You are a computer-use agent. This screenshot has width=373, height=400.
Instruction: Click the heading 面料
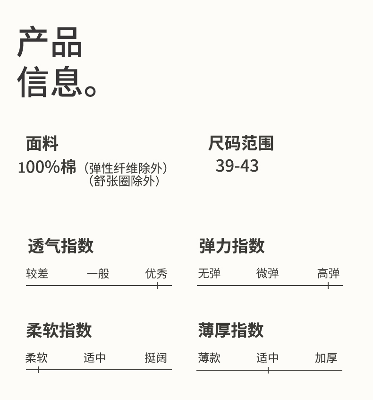tap(42, 143)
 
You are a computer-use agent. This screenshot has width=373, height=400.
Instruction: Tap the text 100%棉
tap(47, 167)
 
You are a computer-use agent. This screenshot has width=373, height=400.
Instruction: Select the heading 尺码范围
tap(241, 143)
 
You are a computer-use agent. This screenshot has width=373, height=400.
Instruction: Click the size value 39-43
tap(237, 166)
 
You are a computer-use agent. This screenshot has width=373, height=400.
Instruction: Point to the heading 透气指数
tap(60, 246)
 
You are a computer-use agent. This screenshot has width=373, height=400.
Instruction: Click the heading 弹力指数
tap(231, 246)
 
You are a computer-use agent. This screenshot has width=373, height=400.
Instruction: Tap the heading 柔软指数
tap(59, 330)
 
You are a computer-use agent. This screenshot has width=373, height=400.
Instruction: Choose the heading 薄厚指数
tap(231, 330)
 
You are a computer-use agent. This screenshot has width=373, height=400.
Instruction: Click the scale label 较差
tap(37, 273)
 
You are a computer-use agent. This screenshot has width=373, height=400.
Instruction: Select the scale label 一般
tap(98, 273)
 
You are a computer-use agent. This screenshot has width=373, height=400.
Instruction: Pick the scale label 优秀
tap(156, 273)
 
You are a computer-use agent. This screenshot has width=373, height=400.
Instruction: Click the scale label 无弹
tap(209, 273)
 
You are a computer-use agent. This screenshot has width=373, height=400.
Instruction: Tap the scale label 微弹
tap(267, 273)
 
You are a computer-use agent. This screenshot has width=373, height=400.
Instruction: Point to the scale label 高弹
tap(328, 273)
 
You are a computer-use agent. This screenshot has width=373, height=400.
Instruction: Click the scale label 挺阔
tap(156, 358)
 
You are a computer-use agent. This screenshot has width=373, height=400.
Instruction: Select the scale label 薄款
tap(209, 358)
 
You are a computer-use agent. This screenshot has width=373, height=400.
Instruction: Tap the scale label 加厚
tap(326, 358)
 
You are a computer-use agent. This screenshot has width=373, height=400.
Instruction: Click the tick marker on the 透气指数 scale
tap(157, 285)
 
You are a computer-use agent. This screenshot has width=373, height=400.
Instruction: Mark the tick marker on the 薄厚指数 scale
tap(268, 370)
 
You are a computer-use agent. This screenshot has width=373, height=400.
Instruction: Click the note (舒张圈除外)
tap(125, 181)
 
